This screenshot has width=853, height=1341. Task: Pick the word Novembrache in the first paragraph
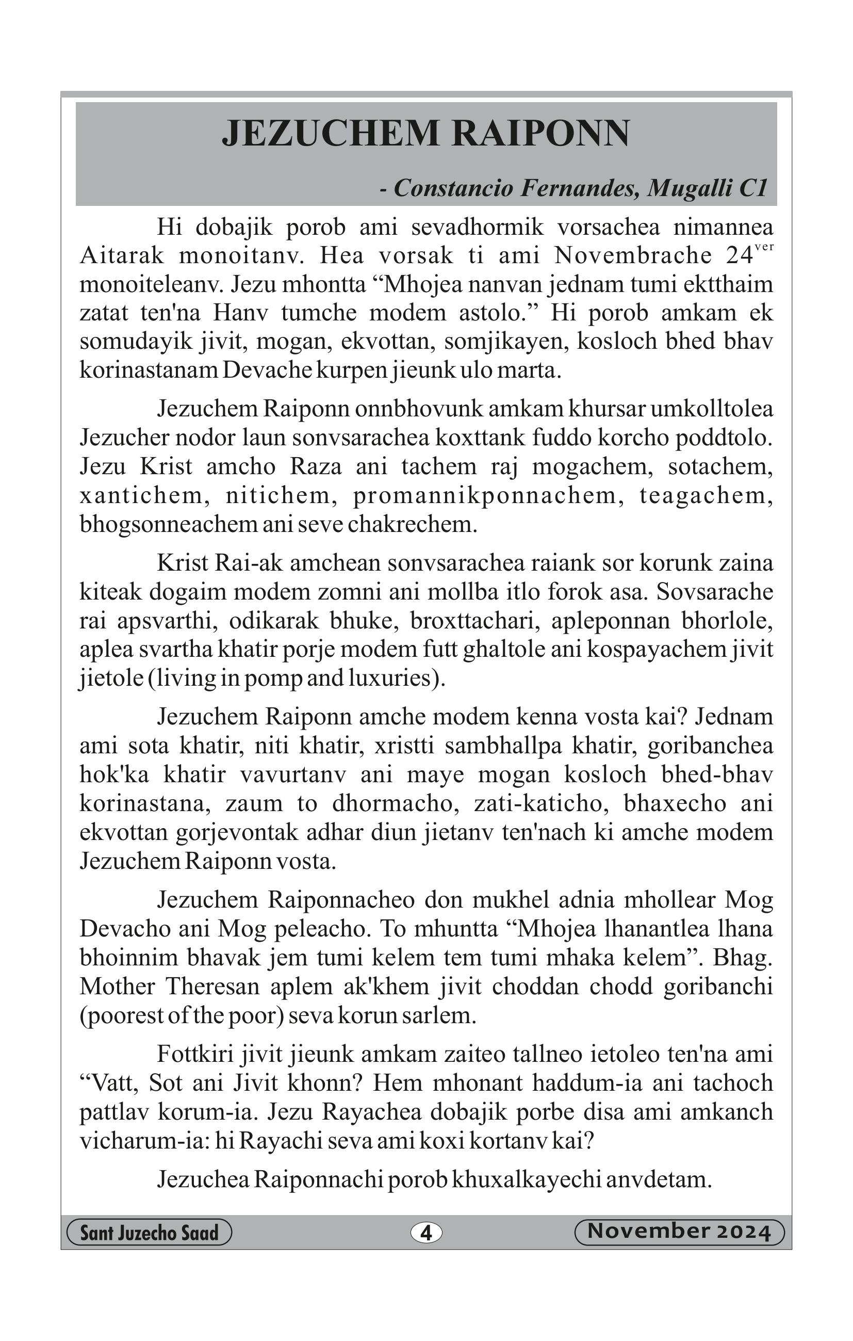click(x=633, y=255)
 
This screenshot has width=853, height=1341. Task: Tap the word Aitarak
click(x=122, y=255)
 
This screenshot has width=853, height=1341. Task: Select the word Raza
click(x=316, y=466)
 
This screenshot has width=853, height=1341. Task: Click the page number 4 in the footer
click(x=426, y=1233)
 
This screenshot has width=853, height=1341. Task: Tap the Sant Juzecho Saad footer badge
click(x=149, y=1233)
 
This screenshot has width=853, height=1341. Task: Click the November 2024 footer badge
click(x=679, y=1232)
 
